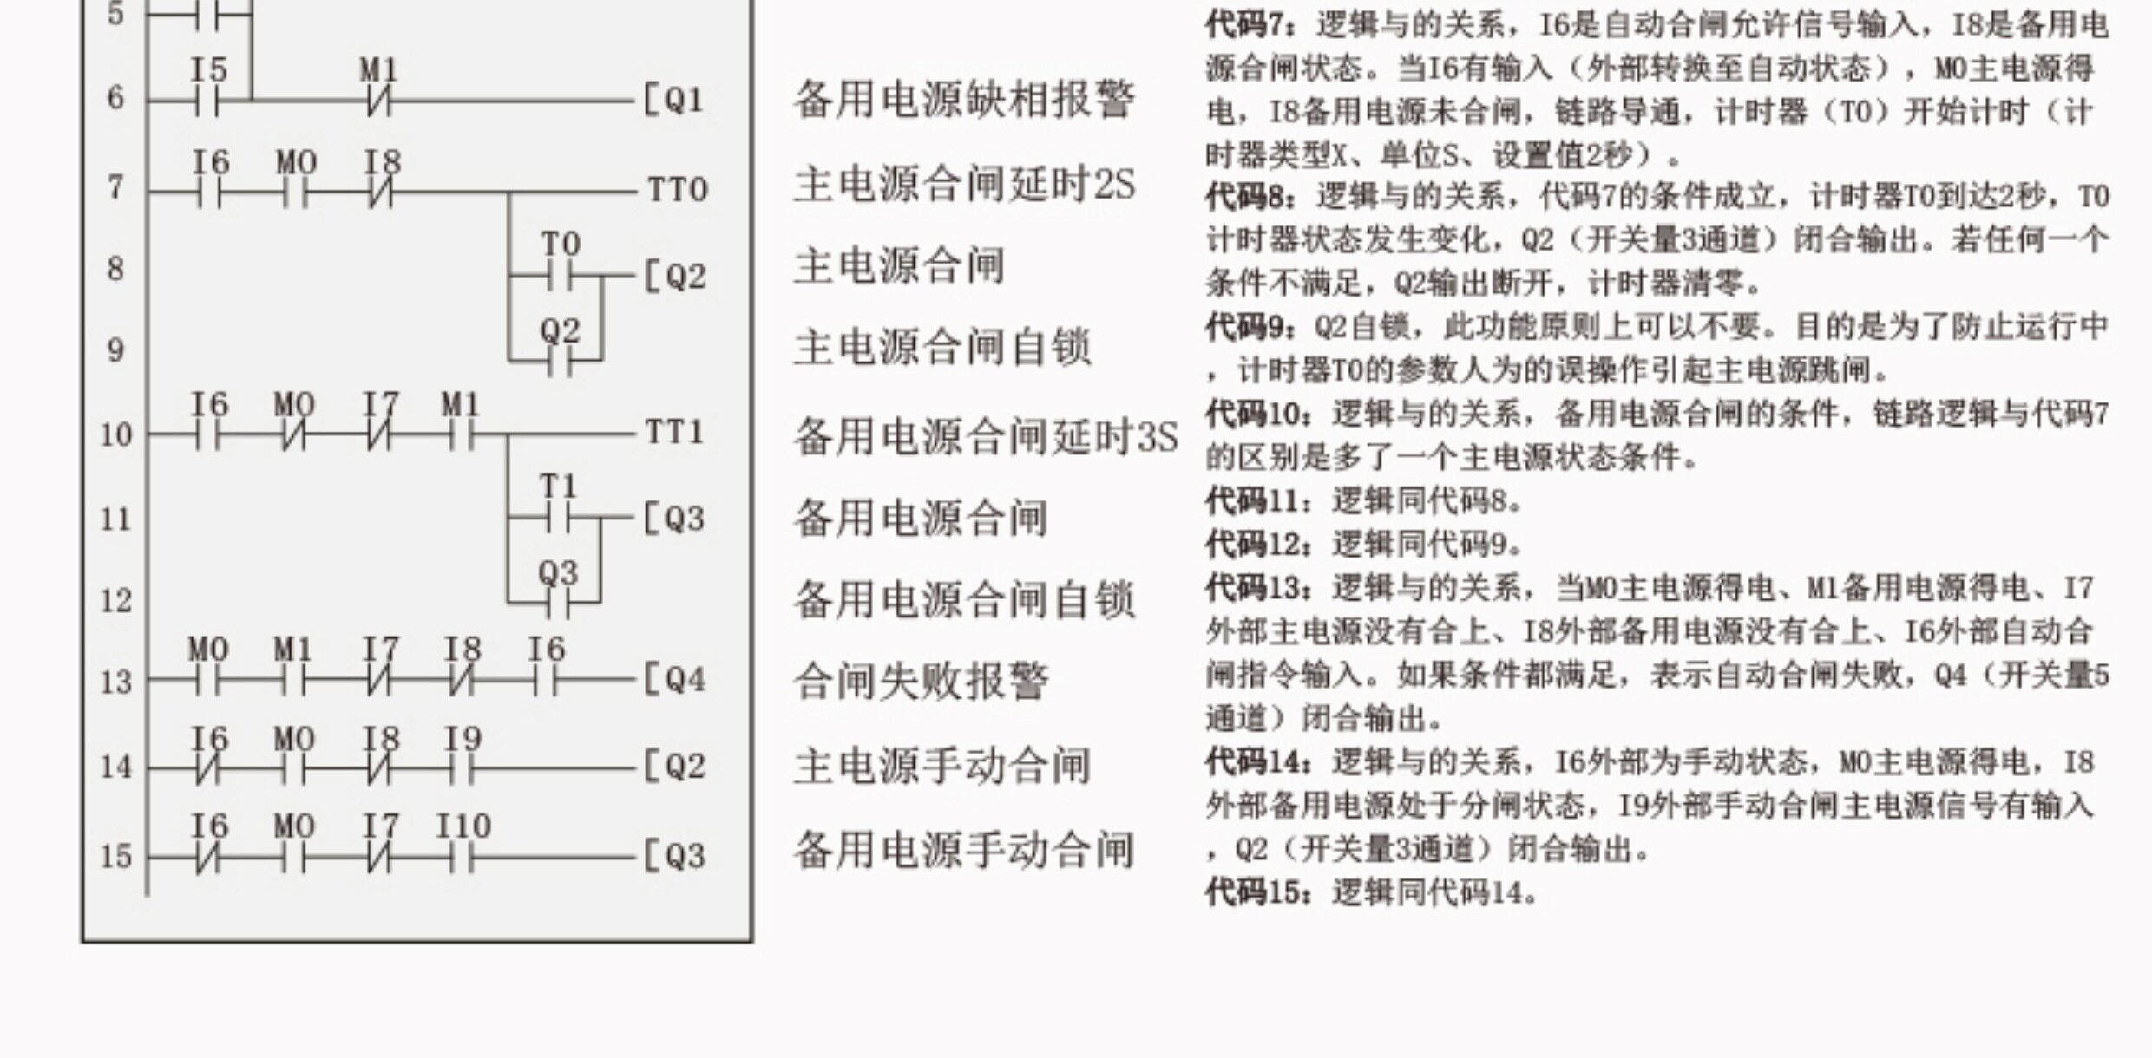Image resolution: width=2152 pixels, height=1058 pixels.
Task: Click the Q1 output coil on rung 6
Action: (673, 101)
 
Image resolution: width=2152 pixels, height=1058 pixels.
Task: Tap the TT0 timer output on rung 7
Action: (678, 190)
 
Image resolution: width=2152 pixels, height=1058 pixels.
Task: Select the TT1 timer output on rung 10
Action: (674, 432)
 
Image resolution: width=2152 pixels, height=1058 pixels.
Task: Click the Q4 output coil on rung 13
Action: (674, 679)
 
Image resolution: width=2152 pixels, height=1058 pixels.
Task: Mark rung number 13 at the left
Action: (115, 682)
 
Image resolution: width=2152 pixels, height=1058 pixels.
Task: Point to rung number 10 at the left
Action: (115, 434)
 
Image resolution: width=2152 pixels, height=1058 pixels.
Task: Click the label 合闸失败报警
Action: (921, 681)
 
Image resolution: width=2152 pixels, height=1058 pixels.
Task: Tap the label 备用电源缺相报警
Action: (964, 99)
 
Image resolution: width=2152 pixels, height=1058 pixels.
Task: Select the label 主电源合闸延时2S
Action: (964, 184)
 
